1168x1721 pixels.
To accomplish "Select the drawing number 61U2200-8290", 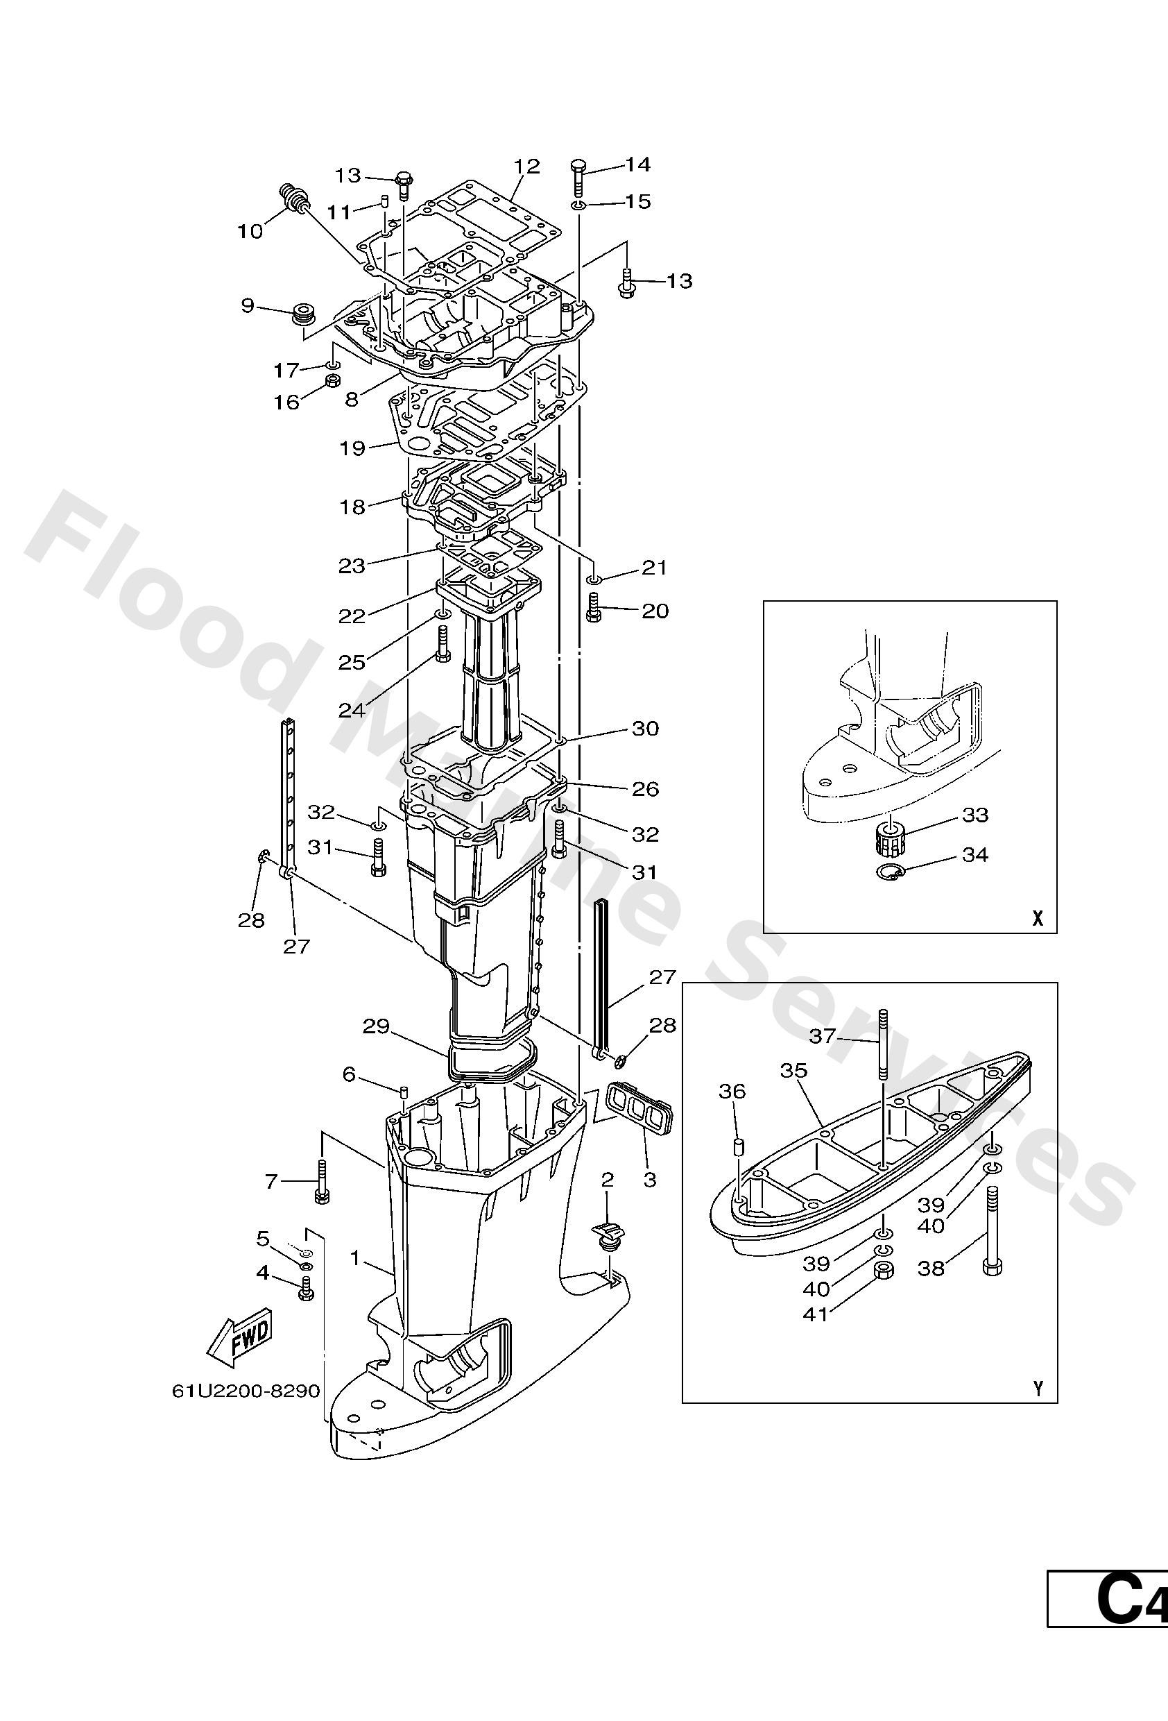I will (x=246, y=1391).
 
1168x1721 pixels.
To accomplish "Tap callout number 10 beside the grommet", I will (x=250, y=232).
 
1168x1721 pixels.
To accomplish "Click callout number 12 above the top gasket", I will (x=528, y=166).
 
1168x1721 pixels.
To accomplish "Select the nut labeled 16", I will (x=333, y=382).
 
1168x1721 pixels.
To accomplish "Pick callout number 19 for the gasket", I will (x=352, y=448).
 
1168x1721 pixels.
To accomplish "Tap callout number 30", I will (x=645, y=729).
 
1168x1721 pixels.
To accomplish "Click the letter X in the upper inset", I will (x=1038, y=919).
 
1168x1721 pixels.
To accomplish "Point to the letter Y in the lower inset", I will (x=1038, y=1389).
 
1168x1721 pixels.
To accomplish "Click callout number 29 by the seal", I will (x=376, y=1027).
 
